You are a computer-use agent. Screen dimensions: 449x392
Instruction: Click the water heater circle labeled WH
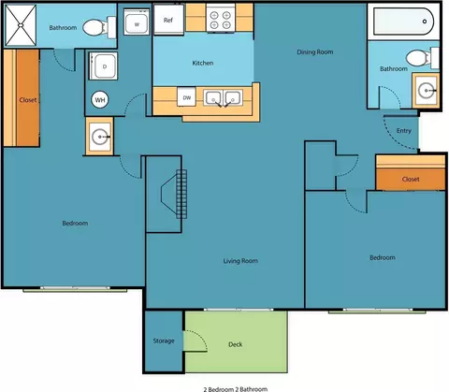100,100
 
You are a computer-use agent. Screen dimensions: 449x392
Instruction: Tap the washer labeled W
137,22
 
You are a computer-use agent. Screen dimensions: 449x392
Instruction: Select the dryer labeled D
104,65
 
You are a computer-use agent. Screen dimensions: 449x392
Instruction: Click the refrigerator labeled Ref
168,20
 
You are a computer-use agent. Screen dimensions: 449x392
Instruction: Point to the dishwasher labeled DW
186,97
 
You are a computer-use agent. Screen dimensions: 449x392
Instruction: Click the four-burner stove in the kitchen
221,18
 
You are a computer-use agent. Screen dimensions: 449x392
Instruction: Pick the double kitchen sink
223,97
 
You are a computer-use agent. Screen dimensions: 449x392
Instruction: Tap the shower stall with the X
21,25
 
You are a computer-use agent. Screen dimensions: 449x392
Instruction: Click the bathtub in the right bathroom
403,22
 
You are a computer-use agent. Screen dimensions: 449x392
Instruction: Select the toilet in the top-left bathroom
99,27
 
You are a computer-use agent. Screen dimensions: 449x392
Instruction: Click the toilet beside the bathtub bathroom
423,58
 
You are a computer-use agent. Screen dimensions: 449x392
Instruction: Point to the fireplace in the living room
174,194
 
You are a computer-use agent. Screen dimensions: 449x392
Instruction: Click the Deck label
236,344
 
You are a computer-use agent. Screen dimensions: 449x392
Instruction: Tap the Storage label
164,341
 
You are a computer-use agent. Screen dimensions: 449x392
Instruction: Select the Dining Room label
315,51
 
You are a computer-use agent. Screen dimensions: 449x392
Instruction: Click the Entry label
404,131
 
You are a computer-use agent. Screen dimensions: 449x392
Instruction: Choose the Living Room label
240,261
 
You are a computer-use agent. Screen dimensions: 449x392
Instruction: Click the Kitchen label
203,63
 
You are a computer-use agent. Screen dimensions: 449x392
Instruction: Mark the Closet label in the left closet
28,100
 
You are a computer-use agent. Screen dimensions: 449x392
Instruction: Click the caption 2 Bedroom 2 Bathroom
236,389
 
